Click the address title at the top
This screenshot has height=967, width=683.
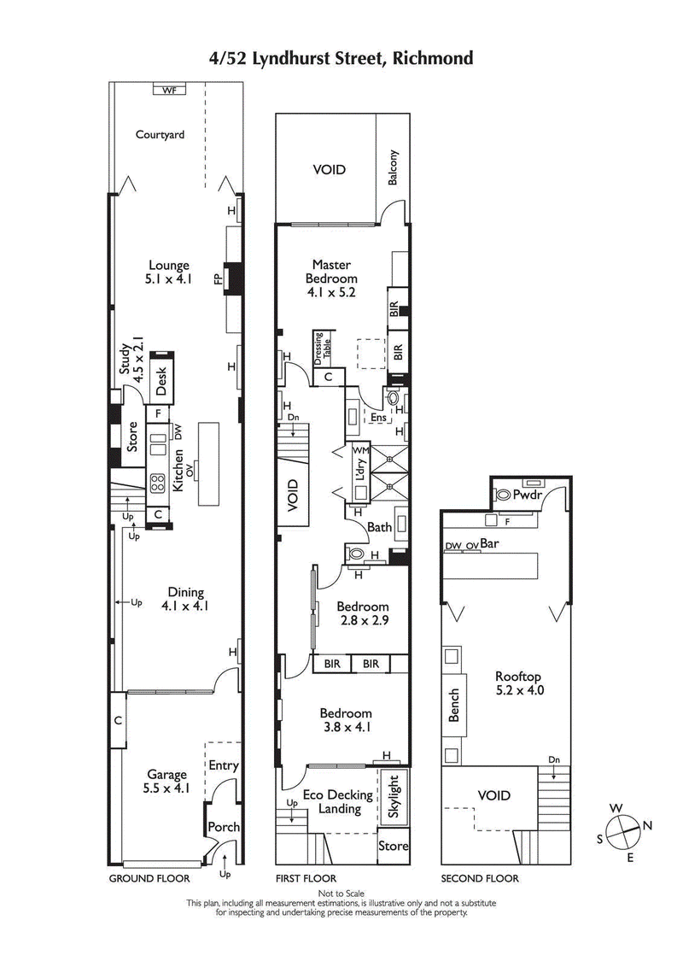341,58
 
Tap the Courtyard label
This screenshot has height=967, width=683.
160,134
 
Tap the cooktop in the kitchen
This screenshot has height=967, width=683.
158,483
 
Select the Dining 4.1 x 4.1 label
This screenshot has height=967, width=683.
185,599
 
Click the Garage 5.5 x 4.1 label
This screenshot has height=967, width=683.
167,782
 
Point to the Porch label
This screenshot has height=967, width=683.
224,827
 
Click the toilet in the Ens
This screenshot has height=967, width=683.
394,399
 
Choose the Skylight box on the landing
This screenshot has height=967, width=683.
394,796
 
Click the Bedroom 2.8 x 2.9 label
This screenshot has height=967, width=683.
362,613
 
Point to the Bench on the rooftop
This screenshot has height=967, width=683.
453,705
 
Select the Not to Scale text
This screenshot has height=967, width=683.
341,894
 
